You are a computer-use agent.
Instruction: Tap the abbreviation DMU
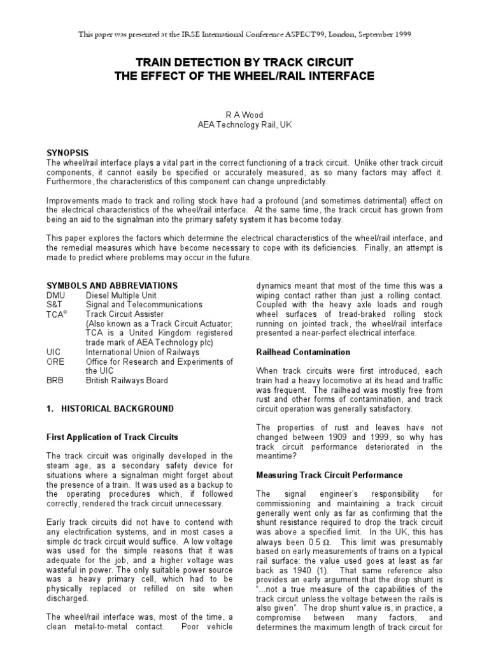coord(56,296)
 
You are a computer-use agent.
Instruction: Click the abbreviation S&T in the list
coord(55,305)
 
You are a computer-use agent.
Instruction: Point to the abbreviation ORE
coord(55,360)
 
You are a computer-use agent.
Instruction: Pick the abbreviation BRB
coord(55,380)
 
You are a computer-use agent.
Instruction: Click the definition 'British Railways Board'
coord(127,380)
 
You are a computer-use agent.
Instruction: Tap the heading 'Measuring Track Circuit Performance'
coord(329,474)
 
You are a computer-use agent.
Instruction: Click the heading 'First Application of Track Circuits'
coord(113,437)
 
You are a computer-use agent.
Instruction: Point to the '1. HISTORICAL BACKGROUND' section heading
coord(110,408)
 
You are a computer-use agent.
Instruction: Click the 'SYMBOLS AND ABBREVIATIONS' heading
coord(112,286)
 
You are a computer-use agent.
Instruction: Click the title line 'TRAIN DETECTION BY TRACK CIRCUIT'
coord(244,63)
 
